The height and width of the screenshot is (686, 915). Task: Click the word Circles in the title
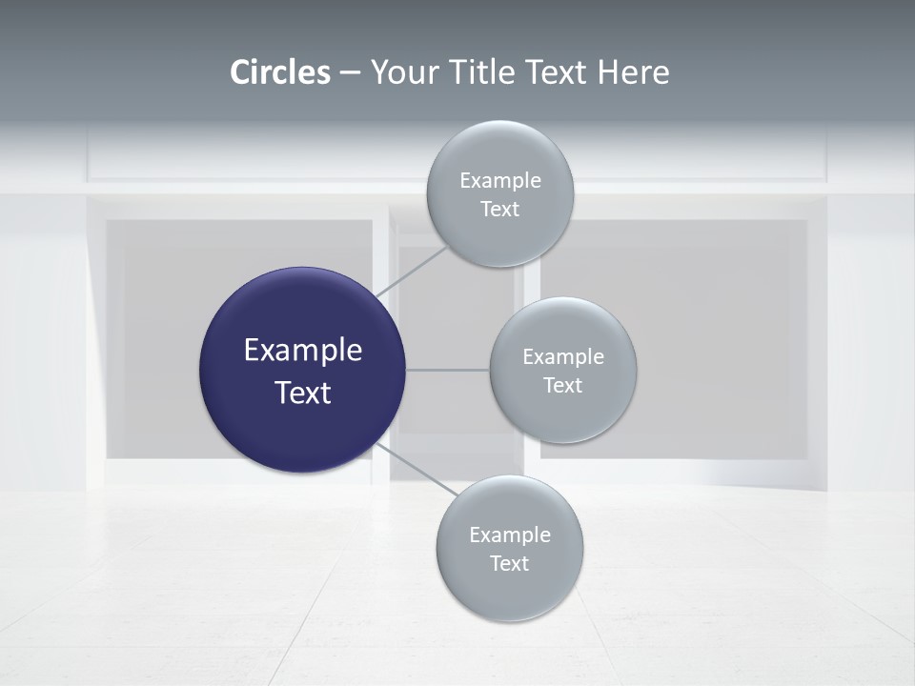coord(280,72)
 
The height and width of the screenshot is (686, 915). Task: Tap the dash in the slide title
coord(350,73)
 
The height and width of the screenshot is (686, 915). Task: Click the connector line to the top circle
coord(412,272)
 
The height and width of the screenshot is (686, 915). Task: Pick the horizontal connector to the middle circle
coord(447,370)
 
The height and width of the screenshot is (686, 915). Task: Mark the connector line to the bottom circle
coord(417,471)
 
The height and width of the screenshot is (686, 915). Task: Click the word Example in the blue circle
coord(302,351)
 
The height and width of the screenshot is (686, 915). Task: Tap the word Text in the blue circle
coord(302,393)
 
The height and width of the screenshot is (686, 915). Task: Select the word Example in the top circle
coord(499,181)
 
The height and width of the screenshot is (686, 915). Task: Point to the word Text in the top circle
coord(499,210)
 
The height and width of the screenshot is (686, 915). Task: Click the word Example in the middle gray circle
coord(562,357)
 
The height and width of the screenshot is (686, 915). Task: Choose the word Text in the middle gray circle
coord(562,386)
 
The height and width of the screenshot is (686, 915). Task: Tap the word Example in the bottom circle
coord(509,535)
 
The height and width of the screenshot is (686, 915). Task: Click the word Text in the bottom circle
coord(509,564)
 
